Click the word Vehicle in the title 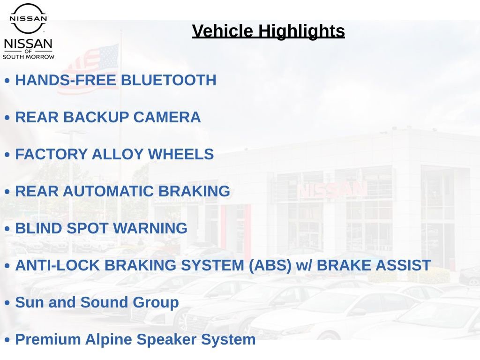pyautogui.click(x=222, y=31)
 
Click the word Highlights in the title pyautogui.click(x=301, y=31)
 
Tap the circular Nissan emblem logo pyautogui.click(x=28, y=18)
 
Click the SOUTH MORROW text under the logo pyautogui.click(x=29, y=57)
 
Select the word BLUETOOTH pyautogui.click(x=169, y=80)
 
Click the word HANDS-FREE pyautogui.click(x=66, y=80)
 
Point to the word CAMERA pyautogui.click(x=167, y=117)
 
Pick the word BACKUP pyautogui.click(x=96, y=117)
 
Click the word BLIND pyautogui.click(x=39, y=228)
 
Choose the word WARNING pyautogui.click(x=150, y=228)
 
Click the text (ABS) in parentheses pyautogui.click(x=270, y=265)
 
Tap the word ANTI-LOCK pyautogui.click(x=58, y=265)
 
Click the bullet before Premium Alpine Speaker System pyautogui.click(x=7, y=340)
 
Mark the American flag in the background pyautogui.click(x=88, y=69)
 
